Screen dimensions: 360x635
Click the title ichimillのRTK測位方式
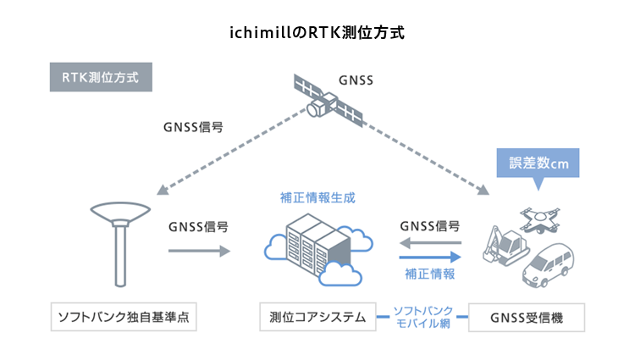[317, 34]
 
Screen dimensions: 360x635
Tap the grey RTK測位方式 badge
[101, 76]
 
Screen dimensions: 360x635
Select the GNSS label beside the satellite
[356, 80]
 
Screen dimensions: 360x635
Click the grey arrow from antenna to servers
[198, 251]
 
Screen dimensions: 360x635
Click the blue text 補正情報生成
[317, 197]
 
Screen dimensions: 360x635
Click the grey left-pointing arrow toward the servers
[430, 243]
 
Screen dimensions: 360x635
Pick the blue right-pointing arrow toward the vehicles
[430, 257]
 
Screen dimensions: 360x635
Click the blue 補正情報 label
[430, 274]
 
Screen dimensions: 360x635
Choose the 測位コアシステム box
[317, 318]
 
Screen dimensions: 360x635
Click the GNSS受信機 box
[527, 318]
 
